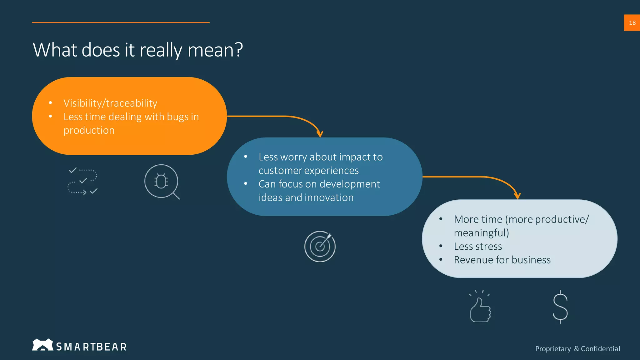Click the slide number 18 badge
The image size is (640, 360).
632,23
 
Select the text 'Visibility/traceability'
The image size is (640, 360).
110,103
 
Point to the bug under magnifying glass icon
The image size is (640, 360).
162,182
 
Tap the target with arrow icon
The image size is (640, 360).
320,246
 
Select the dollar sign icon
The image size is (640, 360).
560,307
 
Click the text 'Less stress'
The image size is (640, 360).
478,247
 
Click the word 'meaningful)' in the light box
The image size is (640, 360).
481,233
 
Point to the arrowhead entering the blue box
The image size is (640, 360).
320,134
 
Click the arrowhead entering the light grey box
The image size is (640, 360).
517,196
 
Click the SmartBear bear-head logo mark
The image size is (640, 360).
42,345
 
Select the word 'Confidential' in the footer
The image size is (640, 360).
600,349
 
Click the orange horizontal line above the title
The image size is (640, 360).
121,22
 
